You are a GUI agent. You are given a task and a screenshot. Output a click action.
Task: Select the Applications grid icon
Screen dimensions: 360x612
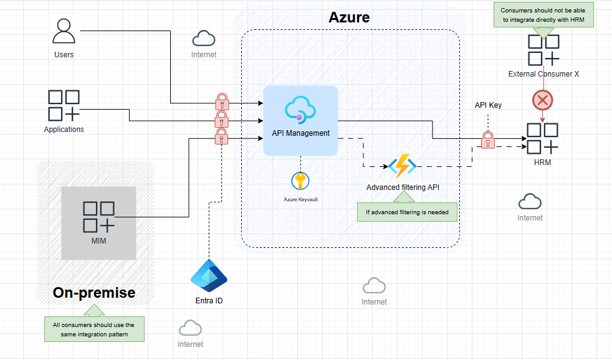64,105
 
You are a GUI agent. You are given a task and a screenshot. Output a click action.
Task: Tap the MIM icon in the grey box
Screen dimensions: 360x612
98,217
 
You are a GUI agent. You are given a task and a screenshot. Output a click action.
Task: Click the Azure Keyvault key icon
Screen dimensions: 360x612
300,181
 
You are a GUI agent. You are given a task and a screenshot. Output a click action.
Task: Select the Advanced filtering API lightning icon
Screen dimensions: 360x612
402,166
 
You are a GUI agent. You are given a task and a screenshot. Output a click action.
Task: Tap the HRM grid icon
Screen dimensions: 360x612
542,138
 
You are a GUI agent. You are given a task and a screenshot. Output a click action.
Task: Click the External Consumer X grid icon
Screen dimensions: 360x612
543,50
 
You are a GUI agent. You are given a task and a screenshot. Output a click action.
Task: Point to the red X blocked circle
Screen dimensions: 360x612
542,100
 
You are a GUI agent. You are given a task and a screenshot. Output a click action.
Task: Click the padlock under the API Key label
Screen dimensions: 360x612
488,140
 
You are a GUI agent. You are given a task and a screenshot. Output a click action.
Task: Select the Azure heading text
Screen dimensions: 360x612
349,17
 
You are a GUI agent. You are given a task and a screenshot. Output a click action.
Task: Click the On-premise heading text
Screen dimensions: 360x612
94,293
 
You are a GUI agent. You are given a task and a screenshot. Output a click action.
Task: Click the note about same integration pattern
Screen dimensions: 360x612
93,329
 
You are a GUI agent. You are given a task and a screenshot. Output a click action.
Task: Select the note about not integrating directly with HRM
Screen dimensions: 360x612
543,14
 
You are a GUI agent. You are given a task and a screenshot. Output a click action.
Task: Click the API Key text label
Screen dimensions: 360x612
488,105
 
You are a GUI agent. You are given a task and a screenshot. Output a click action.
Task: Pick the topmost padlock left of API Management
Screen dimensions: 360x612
222,100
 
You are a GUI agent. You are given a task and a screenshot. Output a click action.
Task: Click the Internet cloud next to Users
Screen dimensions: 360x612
204,39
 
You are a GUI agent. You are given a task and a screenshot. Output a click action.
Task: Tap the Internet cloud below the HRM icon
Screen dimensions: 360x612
530,202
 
